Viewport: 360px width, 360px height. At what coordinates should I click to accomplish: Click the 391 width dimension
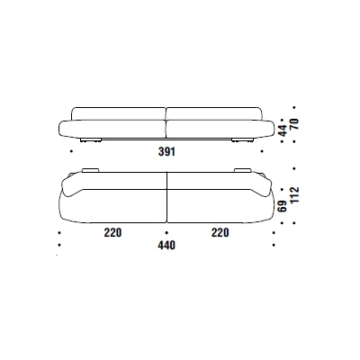point(166,152)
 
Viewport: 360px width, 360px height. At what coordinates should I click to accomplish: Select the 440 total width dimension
point(166,246)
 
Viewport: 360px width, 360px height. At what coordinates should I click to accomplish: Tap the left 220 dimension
point(112,232)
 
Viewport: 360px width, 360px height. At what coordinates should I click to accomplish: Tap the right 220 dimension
point(220,232)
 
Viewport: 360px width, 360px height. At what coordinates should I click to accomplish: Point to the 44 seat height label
point(283,130)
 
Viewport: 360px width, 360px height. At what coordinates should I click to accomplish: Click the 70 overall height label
point(294,124)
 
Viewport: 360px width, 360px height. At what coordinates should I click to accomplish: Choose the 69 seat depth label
point(283,206)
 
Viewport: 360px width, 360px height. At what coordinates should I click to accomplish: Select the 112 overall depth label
point(294,195)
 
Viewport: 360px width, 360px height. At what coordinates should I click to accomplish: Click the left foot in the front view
point(91,140)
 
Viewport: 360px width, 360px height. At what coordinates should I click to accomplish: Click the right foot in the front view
point(242,140)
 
